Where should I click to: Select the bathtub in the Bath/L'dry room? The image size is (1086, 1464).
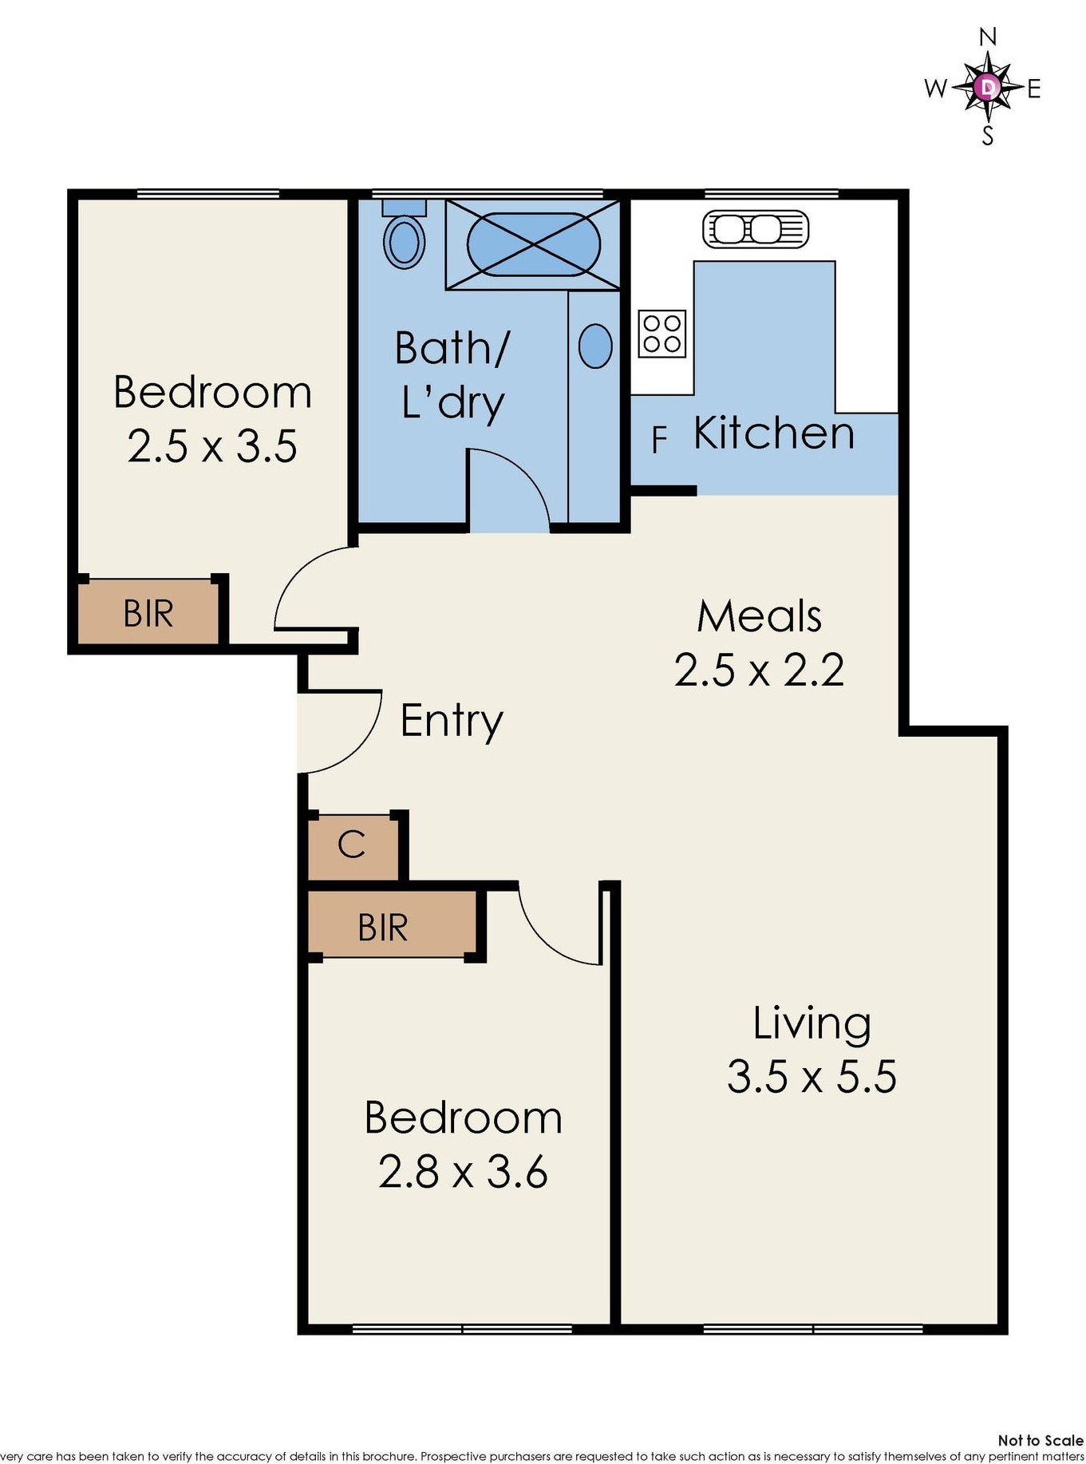(532, 244)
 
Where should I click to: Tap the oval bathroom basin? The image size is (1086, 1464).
(595, 346)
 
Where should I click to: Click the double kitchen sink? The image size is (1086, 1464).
(755, 230)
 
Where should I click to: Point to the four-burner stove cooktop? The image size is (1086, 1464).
(662, 334)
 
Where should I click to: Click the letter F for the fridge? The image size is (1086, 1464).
(659, 440)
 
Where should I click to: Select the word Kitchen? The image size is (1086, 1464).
(774, 433)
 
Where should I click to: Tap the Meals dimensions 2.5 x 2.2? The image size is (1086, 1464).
(759, 670)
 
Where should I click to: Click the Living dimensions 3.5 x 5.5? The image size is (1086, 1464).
(812, 1076)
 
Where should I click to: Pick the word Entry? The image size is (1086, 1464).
(452, 721)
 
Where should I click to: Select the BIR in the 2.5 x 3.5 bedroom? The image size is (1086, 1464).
(148, 612)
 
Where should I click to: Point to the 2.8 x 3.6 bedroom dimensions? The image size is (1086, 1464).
(463, 1172)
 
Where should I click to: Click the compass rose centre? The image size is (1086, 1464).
(988, 86)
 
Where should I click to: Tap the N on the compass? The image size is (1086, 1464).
(988, 37)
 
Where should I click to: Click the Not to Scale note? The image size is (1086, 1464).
(1041, 1440)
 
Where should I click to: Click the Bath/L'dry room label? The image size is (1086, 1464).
(452, 374)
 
